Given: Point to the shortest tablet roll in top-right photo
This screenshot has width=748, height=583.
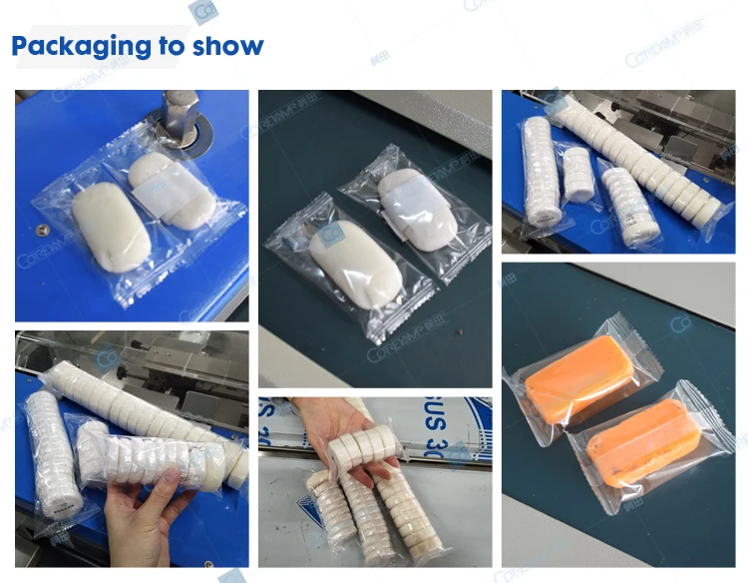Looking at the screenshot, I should click(x=576, y=171).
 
